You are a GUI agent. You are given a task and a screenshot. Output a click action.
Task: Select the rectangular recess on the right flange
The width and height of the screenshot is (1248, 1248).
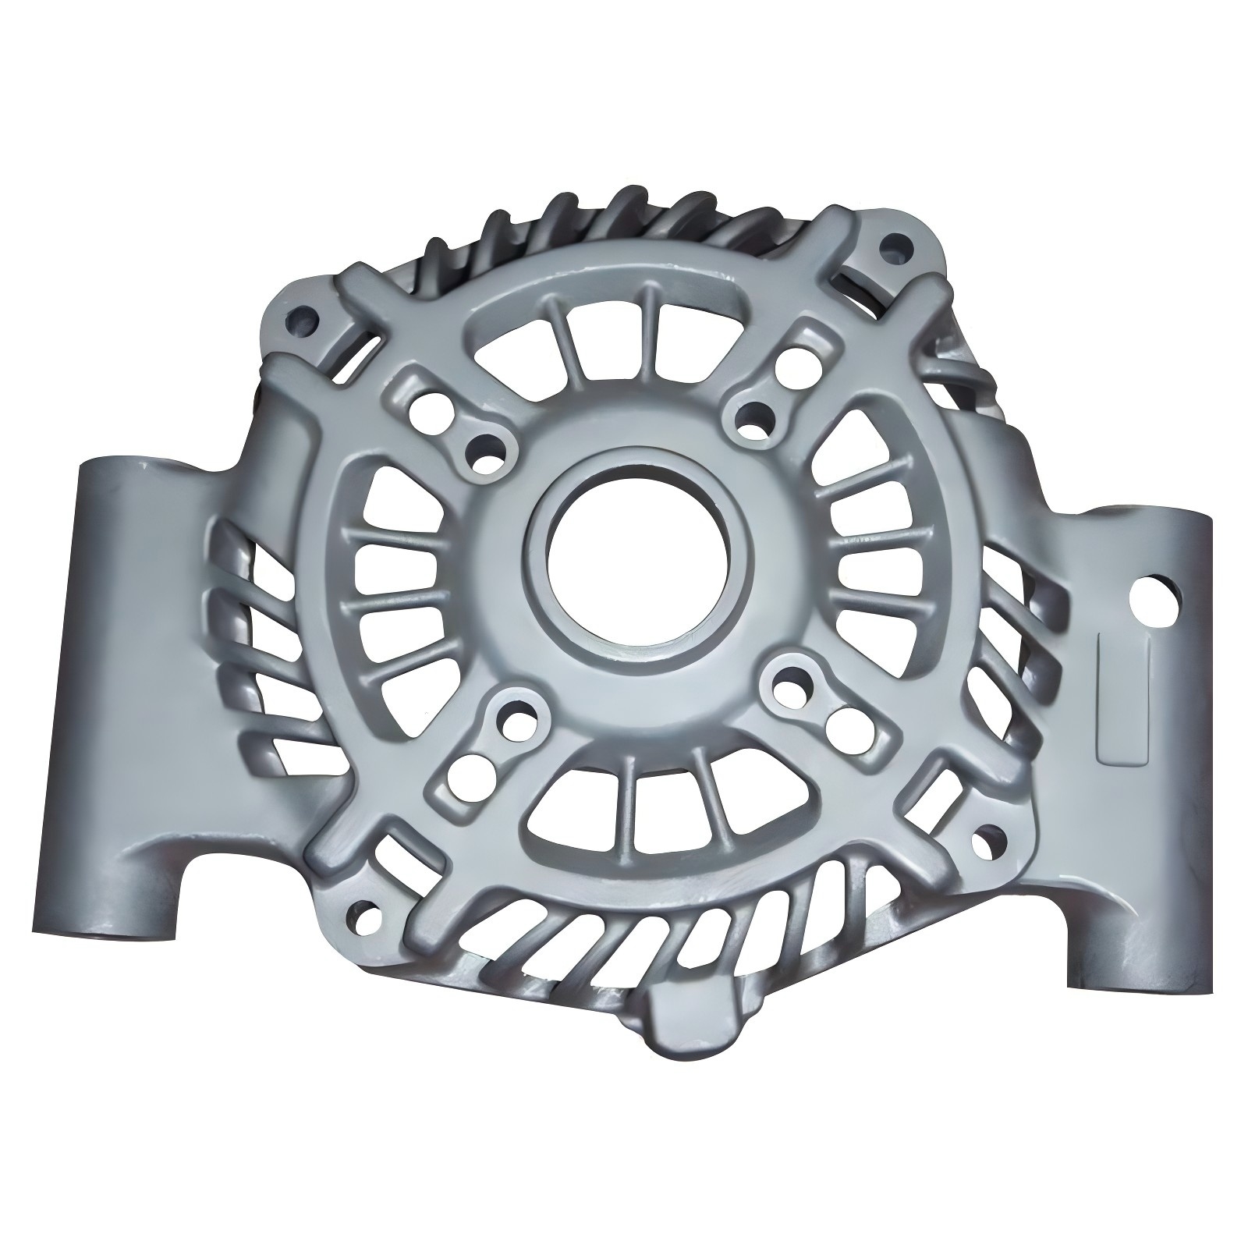pyautogui.click(x=1124, y=697)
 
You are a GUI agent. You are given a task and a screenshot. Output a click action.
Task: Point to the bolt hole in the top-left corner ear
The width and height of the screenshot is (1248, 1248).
pyautogui.click(x=300, y=318)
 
